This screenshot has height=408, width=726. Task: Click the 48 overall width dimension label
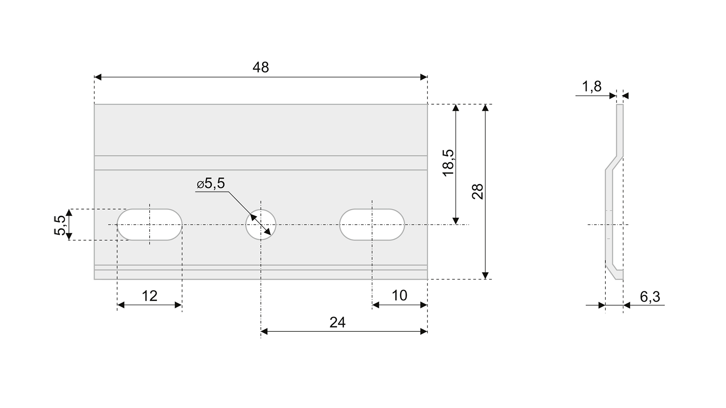(261, 67)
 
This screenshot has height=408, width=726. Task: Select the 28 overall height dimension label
(478, 191)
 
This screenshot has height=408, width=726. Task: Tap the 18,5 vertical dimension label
(448, 162)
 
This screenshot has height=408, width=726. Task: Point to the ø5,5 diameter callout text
(211, 184)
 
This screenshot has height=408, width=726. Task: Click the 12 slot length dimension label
(149, 296)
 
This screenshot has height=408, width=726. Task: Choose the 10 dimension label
(399, 295)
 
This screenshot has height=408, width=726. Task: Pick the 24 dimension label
(337, 322)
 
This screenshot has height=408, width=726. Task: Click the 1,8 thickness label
(592, 87)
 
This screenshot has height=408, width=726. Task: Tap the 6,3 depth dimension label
(650, 297)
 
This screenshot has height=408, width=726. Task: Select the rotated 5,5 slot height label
(60, 225)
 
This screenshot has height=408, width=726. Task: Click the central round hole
(261, 224)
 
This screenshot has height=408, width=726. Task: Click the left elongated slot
(149, 224)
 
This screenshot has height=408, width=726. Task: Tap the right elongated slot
(372, 224)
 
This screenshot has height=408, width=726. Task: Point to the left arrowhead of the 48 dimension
(98, 77)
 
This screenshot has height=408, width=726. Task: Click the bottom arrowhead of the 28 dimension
(486, 276)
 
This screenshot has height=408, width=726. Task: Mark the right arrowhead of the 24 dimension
(424, 331)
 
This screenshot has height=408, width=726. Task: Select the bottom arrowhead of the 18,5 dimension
(456, 221)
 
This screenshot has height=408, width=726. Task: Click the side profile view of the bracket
(614, 192)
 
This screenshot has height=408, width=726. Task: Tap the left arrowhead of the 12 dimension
(121, 305)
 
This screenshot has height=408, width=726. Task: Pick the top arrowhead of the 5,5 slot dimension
(69, 212)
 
